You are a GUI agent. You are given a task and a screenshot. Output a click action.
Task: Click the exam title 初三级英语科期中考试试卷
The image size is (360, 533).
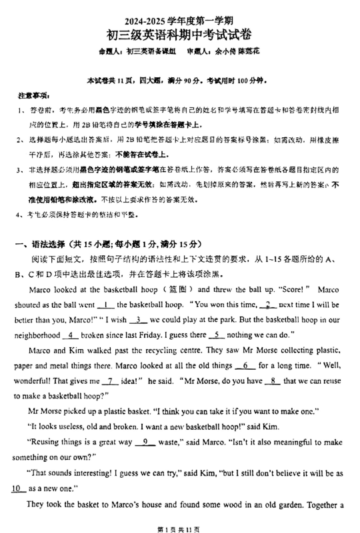(180, 34)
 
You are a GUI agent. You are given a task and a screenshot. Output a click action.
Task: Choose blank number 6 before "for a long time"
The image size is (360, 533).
(245, 366)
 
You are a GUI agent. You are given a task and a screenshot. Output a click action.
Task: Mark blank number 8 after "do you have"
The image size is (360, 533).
(272, 381)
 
